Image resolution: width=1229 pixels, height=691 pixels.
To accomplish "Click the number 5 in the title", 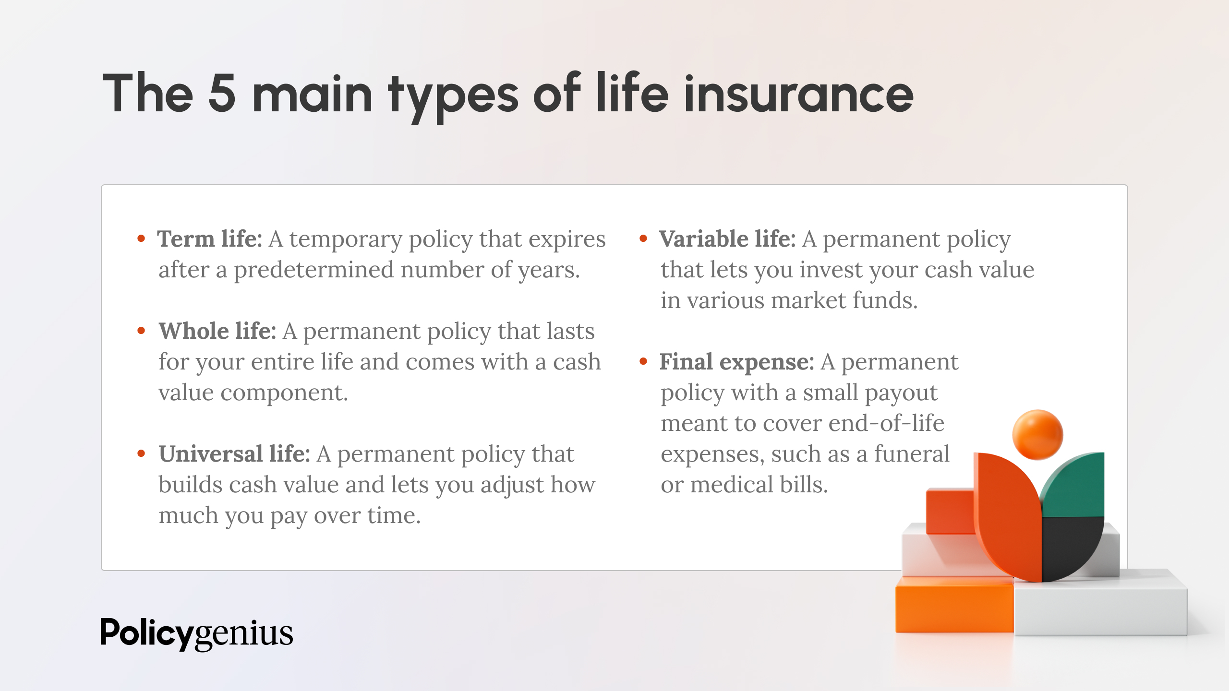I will [222, 94].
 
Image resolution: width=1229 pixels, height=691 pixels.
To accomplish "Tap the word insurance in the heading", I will [798, 94].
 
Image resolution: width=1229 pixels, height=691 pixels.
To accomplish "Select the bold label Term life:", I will [210, 238].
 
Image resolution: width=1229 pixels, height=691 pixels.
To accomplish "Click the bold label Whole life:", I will [217, 331].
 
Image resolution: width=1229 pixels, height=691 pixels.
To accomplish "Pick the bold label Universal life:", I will [234, 453].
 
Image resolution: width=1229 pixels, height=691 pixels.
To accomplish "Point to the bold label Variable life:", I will [727, 238].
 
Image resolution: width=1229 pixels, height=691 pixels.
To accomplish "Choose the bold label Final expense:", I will [736, 361].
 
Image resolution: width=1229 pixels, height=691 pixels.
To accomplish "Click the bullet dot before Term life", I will [141, 238].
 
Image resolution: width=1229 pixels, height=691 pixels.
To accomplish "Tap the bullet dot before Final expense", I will [643, 361].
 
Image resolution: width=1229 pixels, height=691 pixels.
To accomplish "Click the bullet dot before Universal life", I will [141, 453].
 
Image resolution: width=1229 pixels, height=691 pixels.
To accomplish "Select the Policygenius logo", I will [196, 633].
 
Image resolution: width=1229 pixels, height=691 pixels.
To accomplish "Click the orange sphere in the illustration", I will [1037, 434].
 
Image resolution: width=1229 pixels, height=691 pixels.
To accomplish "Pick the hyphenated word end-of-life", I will [886, 423].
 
